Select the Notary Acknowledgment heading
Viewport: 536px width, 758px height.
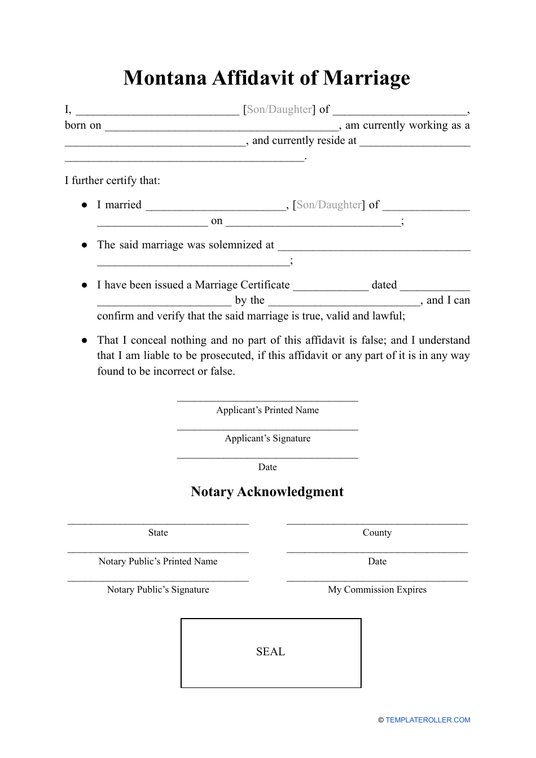[267, 492]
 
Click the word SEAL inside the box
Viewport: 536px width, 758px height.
[270, 652]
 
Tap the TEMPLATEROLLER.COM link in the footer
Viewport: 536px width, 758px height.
[428, 720]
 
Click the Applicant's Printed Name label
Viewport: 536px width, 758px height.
[267, 410]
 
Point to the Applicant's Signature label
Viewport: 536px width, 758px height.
[267, 439]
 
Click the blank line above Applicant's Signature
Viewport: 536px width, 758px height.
[267, 430]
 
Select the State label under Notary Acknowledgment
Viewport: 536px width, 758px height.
[158, 533]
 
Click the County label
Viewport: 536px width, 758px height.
[377, 533]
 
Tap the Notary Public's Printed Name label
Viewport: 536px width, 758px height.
[158, 562]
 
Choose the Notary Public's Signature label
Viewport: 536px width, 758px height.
[158, 590]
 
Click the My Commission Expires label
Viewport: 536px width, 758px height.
[377, 590]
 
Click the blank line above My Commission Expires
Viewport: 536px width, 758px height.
[377, 580]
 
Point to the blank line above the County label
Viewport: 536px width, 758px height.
[377, 524]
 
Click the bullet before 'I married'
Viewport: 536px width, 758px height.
[85, 205]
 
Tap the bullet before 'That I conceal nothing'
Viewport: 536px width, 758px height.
[85, 340]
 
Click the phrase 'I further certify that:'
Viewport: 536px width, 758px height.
[112, 181]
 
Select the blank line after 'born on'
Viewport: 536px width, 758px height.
[222, 129]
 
